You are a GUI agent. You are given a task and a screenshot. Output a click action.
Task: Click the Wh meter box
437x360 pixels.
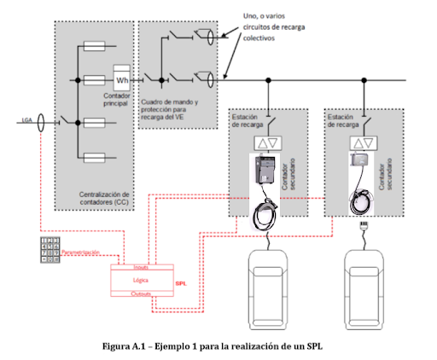click(121, 81)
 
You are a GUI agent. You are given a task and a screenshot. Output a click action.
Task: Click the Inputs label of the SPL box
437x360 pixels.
click(142, 267)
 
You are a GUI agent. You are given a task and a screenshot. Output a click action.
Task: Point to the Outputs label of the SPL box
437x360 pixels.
click(142, 293)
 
